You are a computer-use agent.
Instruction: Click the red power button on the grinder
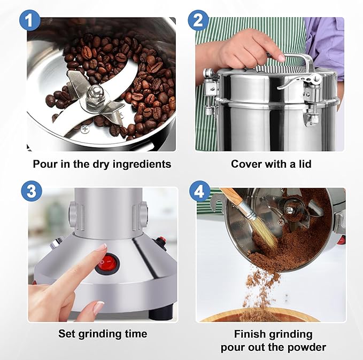(109, 263)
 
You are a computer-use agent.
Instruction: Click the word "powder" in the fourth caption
(305, 347)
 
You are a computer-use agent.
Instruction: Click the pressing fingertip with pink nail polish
(100, 248)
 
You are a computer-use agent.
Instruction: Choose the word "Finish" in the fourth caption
(251, 334)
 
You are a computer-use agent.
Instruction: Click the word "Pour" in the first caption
(44, 164)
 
